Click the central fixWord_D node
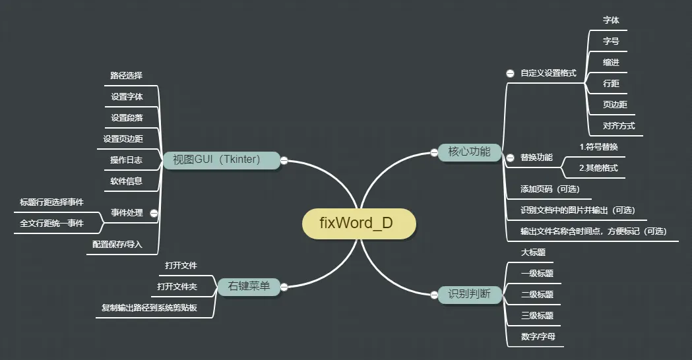coord(359,223)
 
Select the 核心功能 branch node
coord(470,152)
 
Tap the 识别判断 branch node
coord(470,295)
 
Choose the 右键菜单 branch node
coord(249,287)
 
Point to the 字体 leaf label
coord(611,20)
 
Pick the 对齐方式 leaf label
coord(619,126)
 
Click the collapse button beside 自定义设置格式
coord(510,73)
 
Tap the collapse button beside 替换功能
coord(510,158)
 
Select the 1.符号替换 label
coord(598,146)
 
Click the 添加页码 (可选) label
coord(550,189)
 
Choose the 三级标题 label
coord(537,316)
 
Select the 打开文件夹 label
coord(177,287)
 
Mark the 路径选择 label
coord(126,76)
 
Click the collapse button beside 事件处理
coord(154,213)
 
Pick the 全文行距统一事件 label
coord(52,224)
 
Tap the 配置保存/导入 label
coord(117,245)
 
